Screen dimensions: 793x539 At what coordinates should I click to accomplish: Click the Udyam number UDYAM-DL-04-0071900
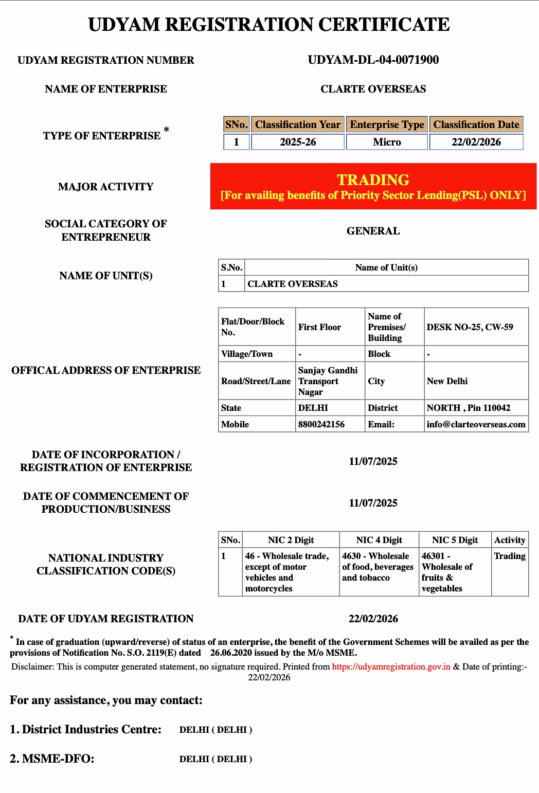[x=373, y=60]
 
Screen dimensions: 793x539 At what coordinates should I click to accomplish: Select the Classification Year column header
[x=298, y=124]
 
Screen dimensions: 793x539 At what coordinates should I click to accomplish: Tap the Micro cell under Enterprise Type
[x=387, y=142]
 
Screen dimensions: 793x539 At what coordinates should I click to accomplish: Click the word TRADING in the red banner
[x=373, y=179]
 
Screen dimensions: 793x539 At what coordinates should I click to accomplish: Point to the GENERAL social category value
[x=373, y=231]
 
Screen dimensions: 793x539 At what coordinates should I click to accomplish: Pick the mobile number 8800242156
[x=321, y=424]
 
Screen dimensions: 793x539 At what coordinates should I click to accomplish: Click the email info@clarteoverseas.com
[x=476, y=424]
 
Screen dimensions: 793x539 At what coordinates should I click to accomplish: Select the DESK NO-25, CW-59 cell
[x=470, y=327]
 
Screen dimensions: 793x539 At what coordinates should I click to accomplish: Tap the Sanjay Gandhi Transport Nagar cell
[x=328, y=381]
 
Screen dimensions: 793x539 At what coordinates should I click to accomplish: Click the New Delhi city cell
[x=447, y=381]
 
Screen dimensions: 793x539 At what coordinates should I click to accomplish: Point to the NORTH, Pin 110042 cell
[x=468, y=408]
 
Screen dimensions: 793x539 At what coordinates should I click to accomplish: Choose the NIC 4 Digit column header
[x=379, y=540]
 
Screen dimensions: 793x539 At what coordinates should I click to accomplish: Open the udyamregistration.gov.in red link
[x=391, y=666]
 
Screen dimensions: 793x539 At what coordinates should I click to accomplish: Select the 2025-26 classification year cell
[x=298, y=142]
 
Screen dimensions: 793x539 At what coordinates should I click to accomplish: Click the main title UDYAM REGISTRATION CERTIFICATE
[x=269, y=25]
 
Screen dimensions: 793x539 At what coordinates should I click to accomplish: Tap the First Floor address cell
[x=319, y=327]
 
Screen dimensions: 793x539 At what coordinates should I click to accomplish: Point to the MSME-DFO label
[x=52, y=759]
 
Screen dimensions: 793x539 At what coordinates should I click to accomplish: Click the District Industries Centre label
[x=85, y=729]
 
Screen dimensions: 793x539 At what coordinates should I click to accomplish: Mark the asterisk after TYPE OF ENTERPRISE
[x=166, y=130]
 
